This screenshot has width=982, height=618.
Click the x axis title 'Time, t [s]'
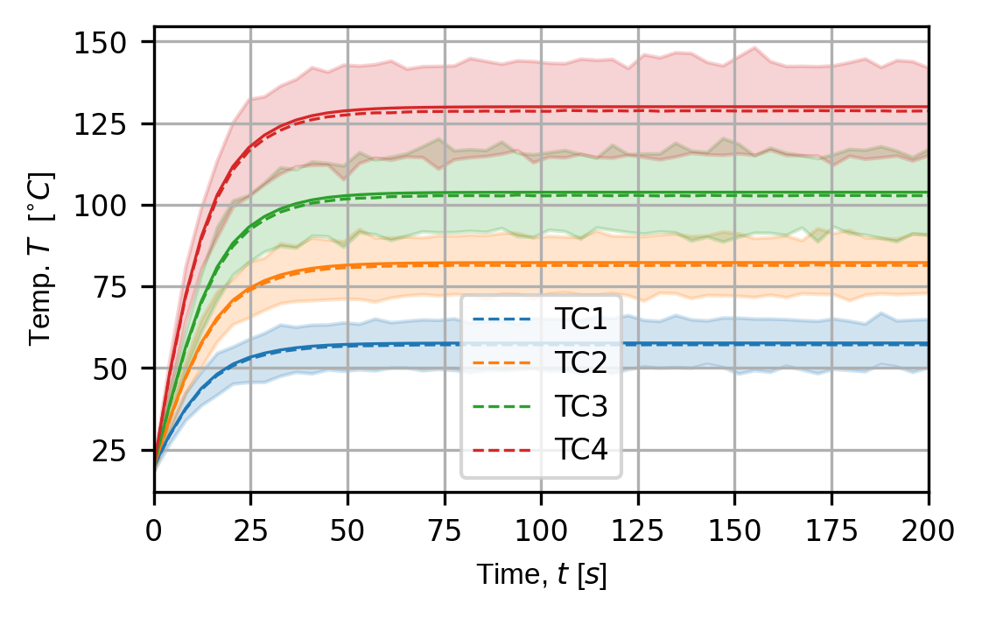541,575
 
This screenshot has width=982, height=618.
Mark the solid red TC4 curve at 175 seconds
831,107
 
